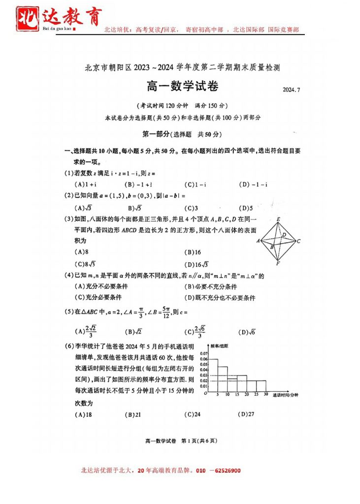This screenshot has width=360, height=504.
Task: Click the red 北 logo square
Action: coord(29,19)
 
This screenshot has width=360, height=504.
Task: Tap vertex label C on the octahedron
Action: coord(298,241)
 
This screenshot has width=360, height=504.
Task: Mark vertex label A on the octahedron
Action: coord(259,241)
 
